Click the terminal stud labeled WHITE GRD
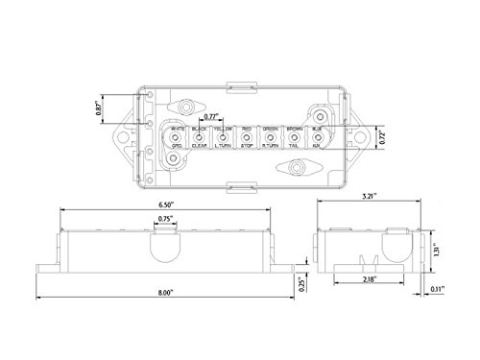pos(177,138)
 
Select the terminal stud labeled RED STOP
pos(247,138)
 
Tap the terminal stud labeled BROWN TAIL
pos(294,138)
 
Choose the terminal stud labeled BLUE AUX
pos(317,138)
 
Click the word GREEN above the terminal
pos(271,129)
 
